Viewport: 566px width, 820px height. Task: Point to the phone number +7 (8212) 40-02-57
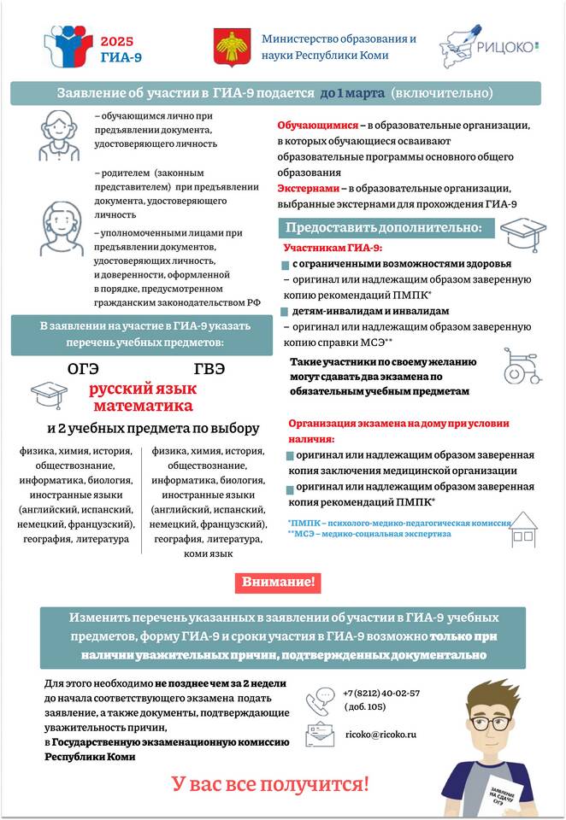(x=381, y=693)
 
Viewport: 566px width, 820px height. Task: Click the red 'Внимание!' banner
(x=278, y=583)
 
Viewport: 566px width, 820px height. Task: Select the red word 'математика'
(x=144, y=407)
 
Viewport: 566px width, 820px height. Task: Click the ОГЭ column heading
(x=83, y=369)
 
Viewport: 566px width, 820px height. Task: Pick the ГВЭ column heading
(x=209, y=369)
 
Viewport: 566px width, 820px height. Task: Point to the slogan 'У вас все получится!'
(x=270, y=783)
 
